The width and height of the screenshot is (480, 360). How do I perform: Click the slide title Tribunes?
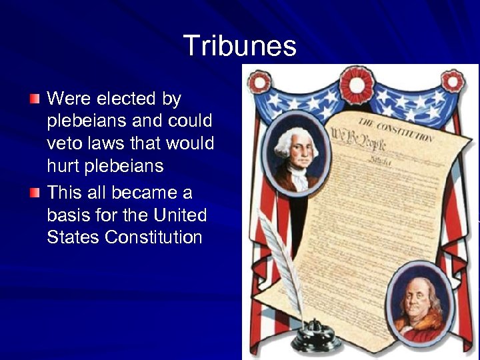(x=239, y=46)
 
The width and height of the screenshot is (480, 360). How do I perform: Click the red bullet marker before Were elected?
(x=35, y=99)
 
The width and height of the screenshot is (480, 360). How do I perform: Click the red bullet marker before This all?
(x=35, y=193)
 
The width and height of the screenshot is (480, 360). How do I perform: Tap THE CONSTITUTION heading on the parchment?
(x=396, y=131)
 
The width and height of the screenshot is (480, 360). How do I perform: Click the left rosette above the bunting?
(x=259, y=83)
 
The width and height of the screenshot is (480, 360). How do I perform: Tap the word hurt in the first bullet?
(x=63, y=166)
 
